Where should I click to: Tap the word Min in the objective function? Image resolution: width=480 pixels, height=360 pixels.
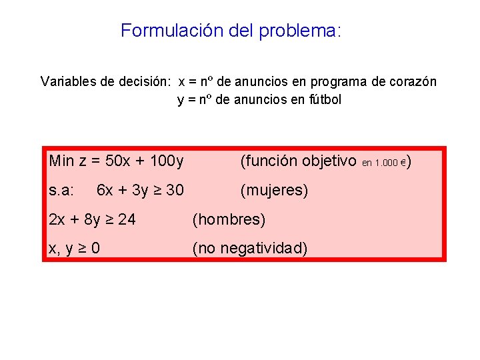click(x=62, y=161)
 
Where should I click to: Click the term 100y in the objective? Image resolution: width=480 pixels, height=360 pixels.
click(x=167, y=161)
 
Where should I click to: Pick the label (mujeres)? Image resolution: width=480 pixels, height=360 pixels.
click(x=275, y=191)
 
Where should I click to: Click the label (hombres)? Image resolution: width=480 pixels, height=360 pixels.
click(x=229, y=219)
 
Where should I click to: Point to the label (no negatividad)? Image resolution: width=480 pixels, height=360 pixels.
click(x=250, y=249)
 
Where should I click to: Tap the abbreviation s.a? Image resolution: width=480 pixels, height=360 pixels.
click(x=61, y=191)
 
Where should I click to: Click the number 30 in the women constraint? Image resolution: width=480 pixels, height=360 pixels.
click(x=175, y=191)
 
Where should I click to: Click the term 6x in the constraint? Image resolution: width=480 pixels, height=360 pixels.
click(x=105, y=191)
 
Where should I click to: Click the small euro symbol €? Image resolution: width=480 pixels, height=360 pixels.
click(x=404, y=163)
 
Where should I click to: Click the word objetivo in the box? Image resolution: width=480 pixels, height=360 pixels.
click(x=329, y=161)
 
